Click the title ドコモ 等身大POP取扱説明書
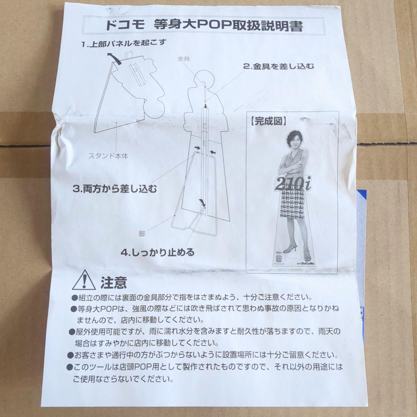(204, 26)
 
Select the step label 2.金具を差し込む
(278, 66)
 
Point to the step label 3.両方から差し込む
(115, 189)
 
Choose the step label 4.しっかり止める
(158, 253)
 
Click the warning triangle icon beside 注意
(83, 280)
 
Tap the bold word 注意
(114, 283)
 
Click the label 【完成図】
(269, 121)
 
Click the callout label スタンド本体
(108, 156)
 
